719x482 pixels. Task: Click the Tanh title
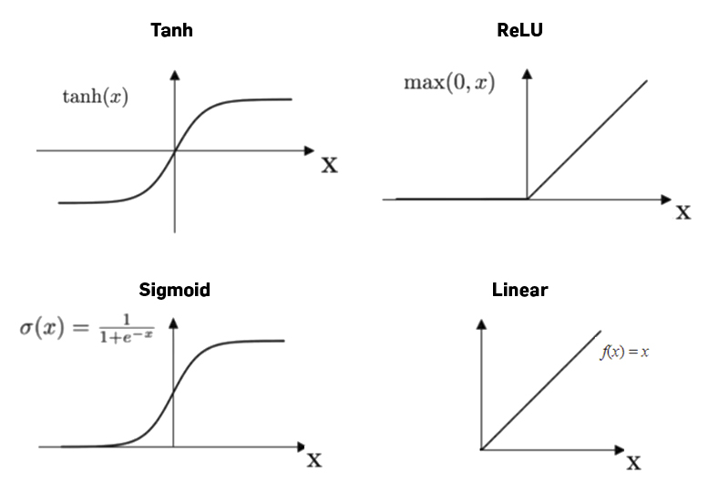(x=171, y=30)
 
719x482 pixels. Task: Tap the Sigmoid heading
(x=174, y=291)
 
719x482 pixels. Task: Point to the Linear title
(x=519, y=291)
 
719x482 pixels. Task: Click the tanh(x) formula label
(x=95, y=97)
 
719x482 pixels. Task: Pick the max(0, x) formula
(x=449, y=83)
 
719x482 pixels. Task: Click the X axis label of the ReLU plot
(x=683, y=213)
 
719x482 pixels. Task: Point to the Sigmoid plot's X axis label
(x=313, y=459)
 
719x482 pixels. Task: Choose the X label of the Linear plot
(x=632, y=462)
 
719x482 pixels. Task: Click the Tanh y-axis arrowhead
(x=174, y=76)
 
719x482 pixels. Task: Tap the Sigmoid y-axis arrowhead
(x=173, y=323)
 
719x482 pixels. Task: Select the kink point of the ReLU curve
(x=527, y=199)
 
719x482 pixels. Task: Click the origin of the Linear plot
(x=480, y=448)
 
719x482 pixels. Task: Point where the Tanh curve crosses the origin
(x=174, y=150)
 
